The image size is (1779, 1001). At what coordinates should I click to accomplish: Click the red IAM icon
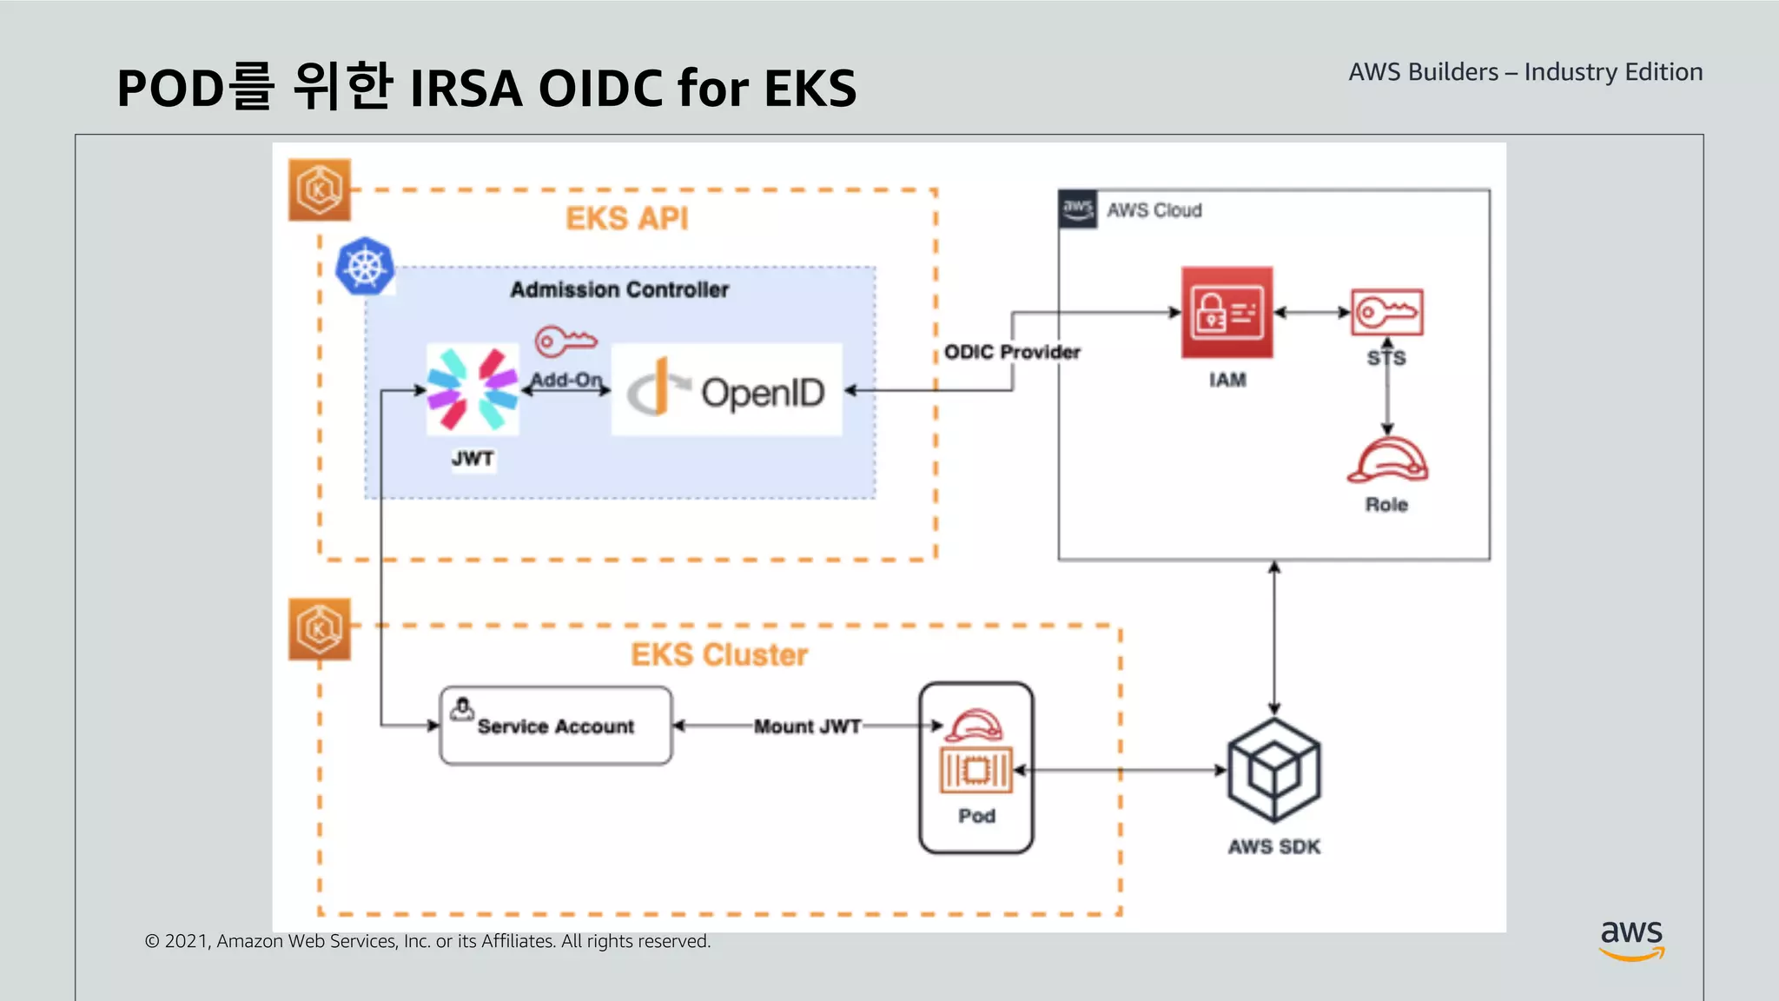1227,312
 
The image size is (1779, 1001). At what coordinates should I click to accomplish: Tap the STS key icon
1386,312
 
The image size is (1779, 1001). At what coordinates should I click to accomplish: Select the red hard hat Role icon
1387,461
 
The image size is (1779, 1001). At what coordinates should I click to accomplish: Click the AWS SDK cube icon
1273,770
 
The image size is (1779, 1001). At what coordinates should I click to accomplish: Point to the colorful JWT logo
473,389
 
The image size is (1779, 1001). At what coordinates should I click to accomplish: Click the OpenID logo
727,391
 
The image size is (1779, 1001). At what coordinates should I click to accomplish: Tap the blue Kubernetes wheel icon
365,266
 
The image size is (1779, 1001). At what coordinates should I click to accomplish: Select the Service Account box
556,726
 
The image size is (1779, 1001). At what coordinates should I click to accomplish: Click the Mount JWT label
807,726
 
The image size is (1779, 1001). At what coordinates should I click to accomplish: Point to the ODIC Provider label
1012,352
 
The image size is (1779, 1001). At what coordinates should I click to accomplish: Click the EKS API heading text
626,218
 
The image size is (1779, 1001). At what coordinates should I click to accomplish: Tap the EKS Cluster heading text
718,654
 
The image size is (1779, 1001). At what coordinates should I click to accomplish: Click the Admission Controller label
619,289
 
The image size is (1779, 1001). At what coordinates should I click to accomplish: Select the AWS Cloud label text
1154,210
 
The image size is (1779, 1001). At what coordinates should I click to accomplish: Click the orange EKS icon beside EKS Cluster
320,629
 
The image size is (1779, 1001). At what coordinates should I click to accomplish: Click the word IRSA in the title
466,89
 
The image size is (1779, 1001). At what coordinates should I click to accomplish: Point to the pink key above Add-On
565,341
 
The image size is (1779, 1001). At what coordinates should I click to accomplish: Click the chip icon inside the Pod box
976,770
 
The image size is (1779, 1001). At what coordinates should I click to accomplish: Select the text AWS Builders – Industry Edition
1525,72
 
